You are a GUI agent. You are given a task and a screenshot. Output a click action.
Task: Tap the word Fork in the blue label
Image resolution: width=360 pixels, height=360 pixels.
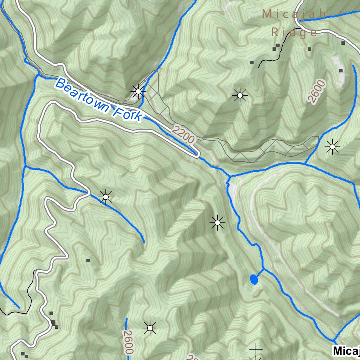[x=128, y=113]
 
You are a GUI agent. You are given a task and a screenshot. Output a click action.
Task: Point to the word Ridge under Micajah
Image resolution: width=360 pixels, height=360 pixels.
[x=294, y=33]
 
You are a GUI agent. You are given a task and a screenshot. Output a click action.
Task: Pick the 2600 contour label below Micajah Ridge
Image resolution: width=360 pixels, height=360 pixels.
[x=317, y=91]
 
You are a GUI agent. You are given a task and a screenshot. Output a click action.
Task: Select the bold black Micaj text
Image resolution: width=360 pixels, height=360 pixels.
[x=346, y=351]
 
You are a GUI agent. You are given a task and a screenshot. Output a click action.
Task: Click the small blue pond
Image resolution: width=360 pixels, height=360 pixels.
[x=253, y=279]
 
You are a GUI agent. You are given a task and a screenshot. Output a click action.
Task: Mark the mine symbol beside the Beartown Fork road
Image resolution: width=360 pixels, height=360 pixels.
[x=138, y=92]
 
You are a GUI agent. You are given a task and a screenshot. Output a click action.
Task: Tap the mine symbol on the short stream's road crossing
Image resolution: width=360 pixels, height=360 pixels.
[x=105, y=197]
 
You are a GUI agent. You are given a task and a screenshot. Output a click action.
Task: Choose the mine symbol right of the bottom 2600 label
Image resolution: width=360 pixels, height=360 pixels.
[x=150, y=328]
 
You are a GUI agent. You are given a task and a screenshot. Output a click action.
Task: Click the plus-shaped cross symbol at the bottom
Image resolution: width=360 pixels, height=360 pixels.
[x=256, y=349]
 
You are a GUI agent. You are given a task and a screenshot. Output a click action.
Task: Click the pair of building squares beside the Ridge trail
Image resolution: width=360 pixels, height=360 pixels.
[x=276, y=47]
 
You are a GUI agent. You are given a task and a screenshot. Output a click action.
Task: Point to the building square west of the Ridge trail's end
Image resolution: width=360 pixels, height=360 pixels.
[x=252, y=63]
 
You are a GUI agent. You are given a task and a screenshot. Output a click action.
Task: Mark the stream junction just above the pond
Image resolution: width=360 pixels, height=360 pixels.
[x=263, y=269]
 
